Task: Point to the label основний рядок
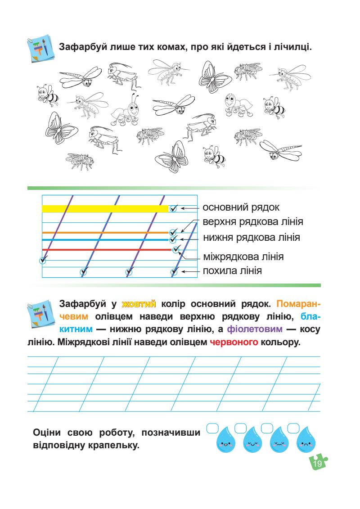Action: [241, 208]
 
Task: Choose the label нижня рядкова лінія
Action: [252, 237]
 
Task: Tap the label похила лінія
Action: [232, 271]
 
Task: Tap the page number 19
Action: [317, 464]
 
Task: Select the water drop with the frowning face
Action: [306, 444]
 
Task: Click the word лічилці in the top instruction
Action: [292, 46]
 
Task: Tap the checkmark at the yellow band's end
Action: [174, 208]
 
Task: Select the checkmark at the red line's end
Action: [176, 249]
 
